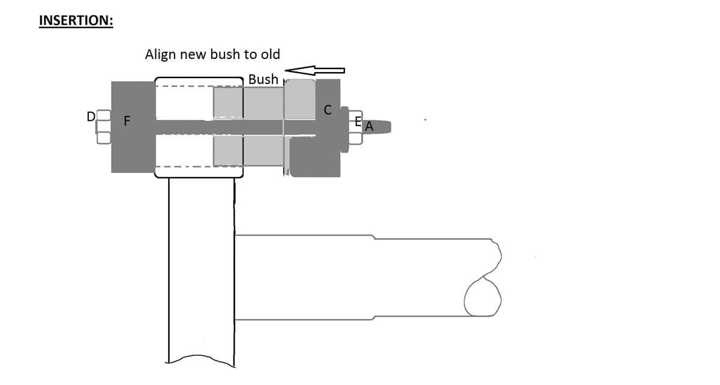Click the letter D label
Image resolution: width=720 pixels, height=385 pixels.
(91, 117)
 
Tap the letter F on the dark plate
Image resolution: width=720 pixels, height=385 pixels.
(127, 121)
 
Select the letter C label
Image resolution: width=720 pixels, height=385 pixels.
(328, 110)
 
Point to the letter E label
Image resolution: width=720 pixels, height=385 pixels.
(358, 121)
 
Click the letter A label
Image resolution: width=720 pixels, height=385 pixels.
(369, 126)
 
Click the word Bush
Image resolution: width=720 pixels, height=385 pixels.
(263, 79)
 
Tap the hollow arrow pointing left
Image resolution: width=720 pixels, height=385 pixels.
(314, 70)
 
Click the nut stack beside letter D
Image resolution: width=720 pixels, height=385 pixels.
(103, 127)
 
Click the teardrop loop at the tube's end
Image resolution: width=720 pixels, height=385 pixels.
(482, 297)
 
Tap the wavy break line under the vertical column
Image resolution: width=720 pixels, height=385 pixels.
(200, 360)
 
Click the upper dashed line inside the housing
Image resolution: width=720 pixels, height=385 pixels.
(199, 86)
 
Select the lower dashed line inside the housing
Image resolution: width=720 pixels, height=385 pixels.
(199, 166)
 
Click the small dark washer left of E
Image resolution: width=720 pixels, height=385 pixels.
(344, 129)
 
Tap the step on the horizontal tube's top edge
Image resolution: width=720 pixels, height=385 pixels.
(374, 237)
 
